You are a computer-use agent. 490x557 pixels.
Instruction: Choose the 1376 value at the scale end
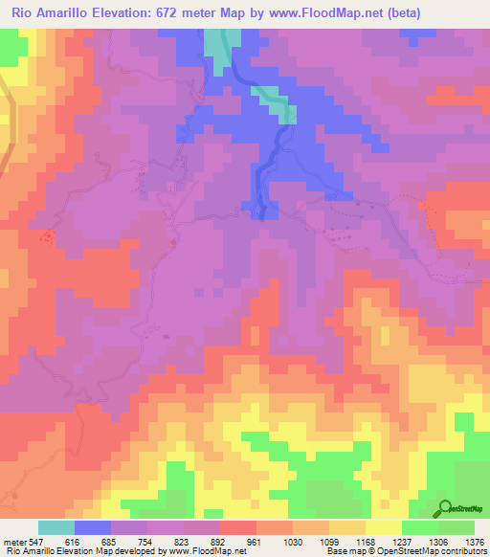pos(476,542)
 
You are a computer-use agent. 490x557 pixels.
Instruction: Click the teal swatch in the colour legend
pos(56,527)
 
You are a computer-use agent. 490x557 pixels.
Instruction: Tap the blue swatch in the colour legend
pos(93,527)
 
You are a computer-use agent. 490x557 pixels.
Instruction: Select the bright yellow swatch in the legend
pos(384,527)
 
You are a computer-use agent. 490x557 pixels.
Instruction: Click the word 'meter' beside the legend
pos(12,542)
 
